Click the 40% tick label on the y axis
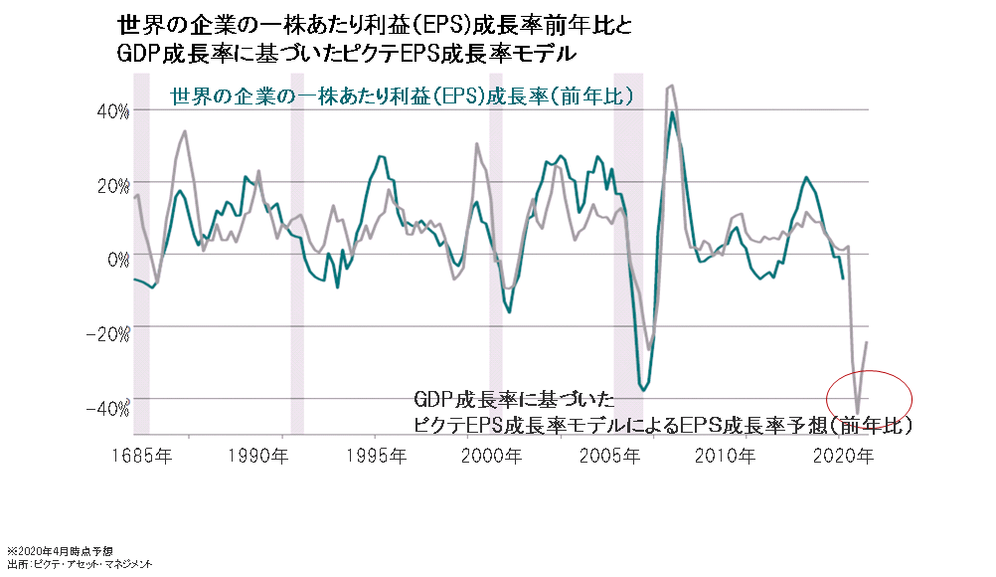click(112, 111)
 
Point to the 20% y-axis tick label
click(112, 185)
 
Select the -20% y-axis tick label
click(108, 333)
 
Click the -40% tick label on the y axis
click(108, 408)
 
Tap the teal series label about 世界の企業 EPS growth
click(403, 97)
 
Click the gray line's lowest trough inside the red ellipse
click(858, 408)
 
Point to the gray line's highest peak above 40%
click(672, 87)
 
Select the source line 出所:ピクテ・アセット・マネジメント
click(80, 564)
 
